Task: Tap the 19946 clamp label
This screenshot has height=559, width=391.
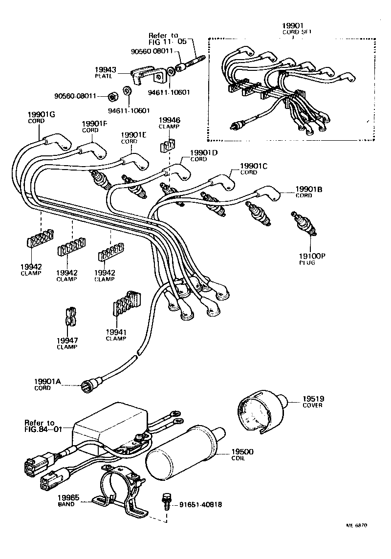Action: pos(169,120)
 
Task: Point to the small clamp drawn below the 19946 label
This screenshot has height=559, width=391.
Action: pos(168,145)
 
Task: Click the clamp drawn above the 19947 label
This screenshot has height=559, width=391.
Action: pos(69,317)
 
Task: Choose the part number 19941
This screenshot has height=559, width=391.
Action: pos(116,332)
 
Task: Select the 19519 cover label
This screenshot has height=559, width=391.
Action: pos(312,399)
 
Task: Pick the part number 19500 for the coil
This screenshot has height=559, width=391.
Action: pos(241,452)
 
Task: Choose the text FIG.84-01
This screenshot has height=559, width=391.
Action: pos(44,430)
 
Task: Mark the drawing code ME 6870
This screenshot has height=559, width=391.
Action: pos(356,526)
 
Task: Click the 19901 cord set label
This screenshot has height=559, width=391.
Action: pos(293,25)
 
